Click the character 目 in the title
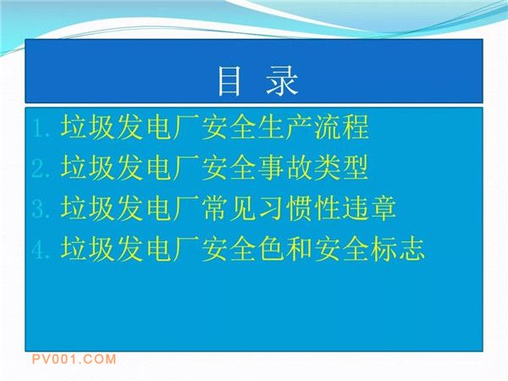tap(229, 81)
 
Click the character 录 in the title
tap(282, 81)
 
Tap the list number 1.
tap(41, 128)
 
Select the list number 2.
tap(41, 168)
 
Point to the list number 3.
tap(41, 208)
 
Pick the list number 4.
tap(41, 249)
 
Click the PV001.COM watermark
tap(74, 359)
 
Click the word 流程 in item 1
tap(342, 127)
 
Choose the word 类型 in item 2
tap(342, 167)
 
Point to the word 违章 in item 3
tap(370, 207)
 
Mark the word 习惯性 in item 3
tap(300, 207)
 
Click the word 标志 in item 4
tap(399, 248)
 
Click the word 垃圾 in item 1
tap(87, 127)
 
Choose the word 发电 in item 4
tap(144, 248)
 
